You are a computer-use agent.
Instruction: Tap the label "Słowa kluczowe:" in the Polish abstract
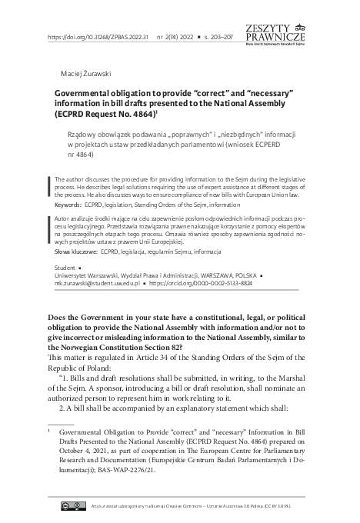click(x=79, y=251)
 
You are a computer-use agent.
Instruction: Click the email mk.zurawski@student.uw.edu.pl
click(x=95, y=283)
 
